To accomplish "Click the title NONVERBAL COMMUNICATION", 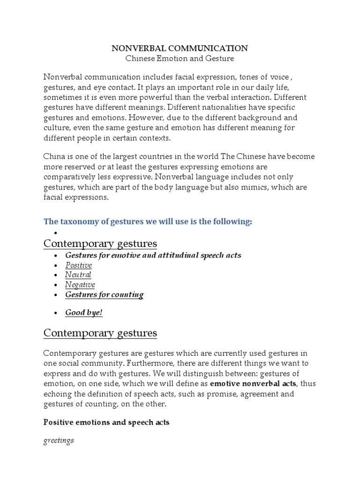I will (180, 48).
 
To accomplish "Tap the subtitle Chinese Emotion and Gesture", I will (180, 59).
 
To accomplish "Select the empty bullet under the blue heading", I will (56, 233).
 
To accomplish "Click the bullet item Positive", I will (78, 265).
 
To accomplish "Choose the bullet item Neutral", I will (78, 275).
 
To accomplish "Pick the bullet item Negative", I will (80, 285).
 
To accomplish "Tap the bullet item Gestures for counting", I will (104, 295).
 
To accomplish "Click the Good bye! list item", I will (83, 313).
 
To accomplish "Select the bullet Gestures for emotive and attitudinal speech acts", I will (153, 255).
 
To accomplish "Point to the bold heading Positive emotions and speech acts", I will (106, 422).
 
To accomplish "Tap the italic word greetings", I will (59, 441).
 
